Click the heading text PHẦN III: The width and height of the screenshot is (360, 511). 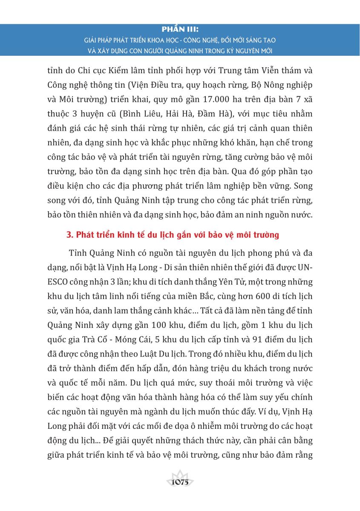(180, 30)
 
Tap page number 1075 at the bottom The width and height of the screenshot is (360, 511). (180, 483)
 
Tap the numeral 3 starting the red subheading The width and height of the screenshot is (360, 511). (69, 235)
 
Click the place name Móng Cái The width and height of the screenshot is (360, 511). (143, 339)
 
